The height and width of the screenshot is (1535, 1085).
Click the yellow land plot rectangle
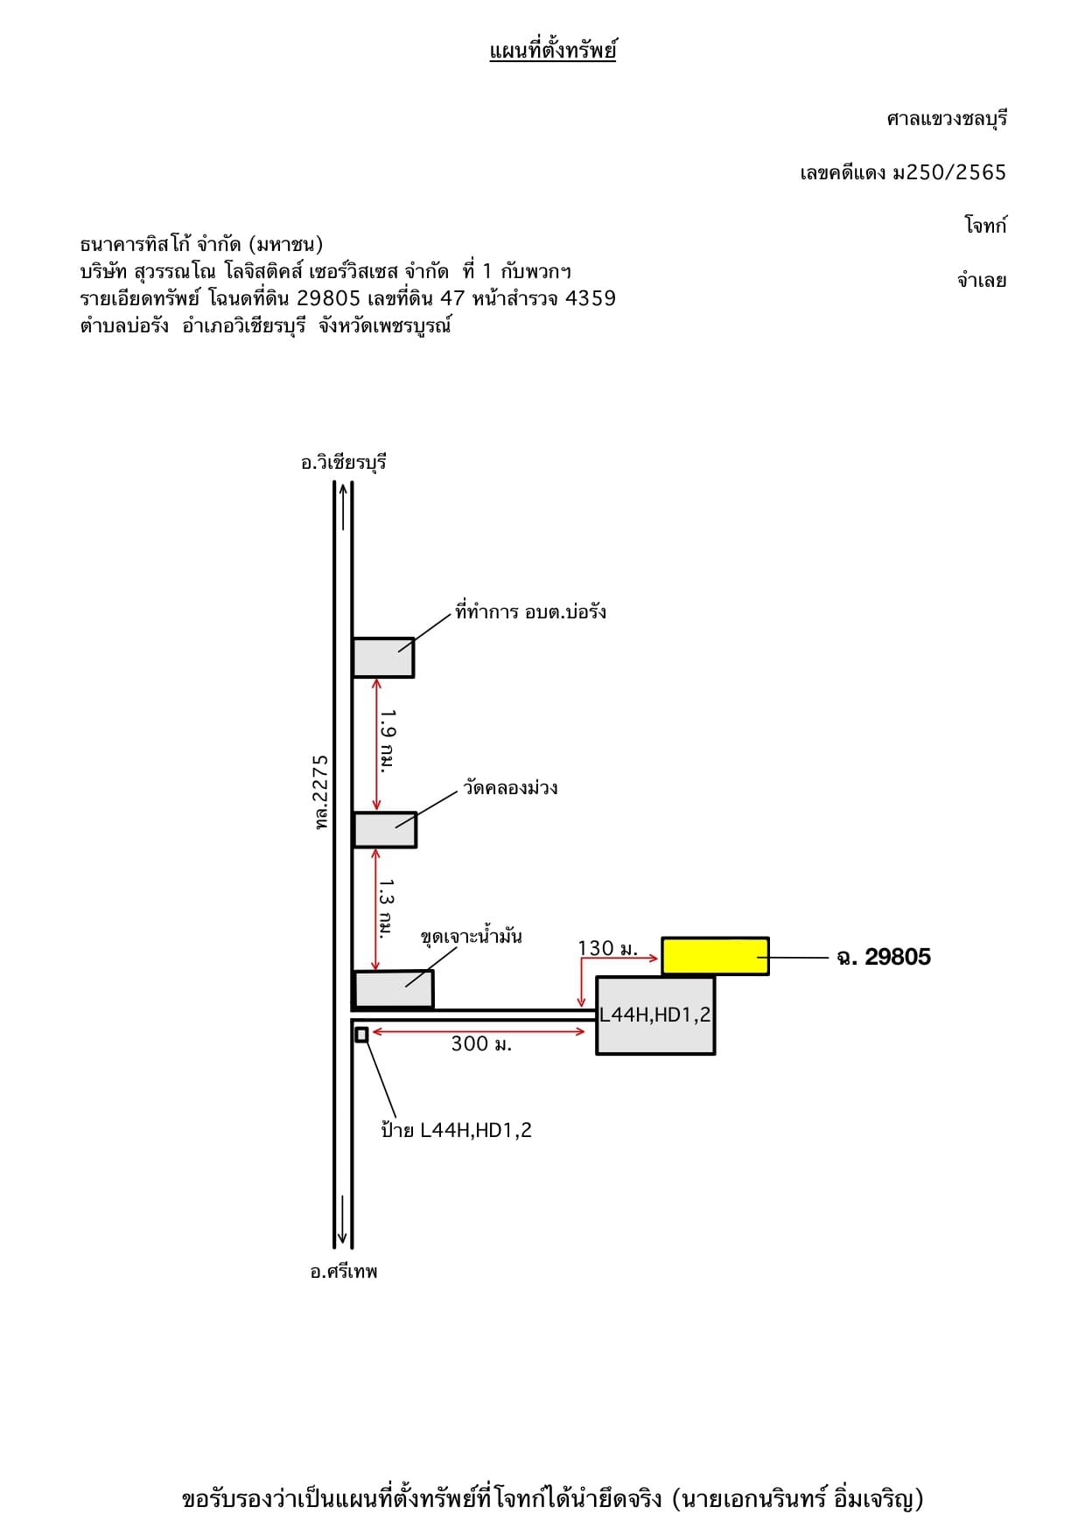tap(715, 956)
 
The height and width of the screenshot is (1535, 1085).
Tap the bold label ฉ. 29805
tap(884, 957)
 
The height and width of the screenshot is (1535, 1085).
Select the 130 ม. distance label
tap(608, 948)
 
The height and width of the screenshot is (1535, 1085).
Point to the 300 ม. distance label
tap(481, 1043)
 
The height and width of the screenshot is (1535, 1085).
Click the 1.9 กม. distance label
tap(388, 740)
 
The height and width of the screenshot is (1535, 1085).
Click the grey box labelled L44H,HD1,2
tap(655, 1015)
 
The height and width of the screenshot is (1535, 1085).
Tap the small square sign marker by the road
tap(361, 1035)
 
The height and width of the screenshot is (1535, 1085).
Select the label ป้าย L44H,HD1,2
tap(456, 1129)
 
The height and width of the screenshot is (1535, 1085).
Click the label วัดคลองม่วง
tap(511, 787)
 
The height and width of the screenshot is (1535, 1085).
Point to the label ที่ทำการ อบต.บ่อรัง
tap(530, 611)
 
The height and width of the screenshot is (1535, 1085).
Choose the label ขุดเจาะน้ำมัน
tap(472, 936)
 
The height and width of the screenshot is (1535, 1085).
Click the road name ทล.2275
tap(321, 792)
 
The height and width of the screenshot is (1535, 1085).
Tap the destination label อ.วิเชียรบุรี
tap(344, 463)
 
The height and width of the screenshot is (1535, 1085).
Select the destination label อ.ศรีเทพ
tap(344, 1272)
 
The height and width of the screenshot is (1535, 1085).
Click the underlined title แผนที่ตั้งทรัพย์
tap(553, 51)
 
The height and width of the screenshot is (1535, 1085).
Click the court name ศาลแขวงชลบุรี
tap(947, 119)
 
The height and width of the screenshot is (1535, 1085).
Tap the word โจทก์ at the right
tap(986, 226)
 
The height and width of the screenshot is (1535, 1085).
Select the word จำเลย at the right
tap(982, 281)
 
